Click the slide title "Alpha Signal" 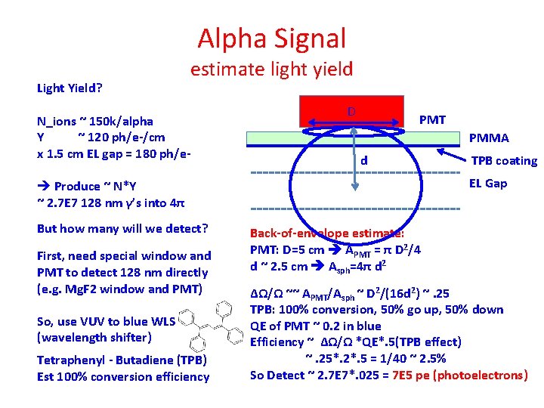point(272,38)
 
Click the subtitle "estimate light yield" point(271,70)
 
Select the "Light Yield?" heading point(70,88)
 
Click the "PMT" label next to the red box point(432,120)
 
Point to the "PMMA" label point(489,138)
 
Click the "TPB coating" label point(504,160)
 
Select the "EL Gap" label point(488,183)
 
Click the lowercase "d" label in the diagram point(364,160)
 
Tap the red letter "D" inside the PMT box point(351,112)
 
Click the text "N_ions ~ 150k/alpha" point(95,121)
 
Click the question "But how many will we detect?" point(122,228)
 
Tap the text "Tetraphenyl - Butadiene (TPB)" point(122,360)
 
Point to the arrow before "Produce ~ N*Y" point(44,186)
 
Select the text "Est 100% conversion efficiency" point(122,376)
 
